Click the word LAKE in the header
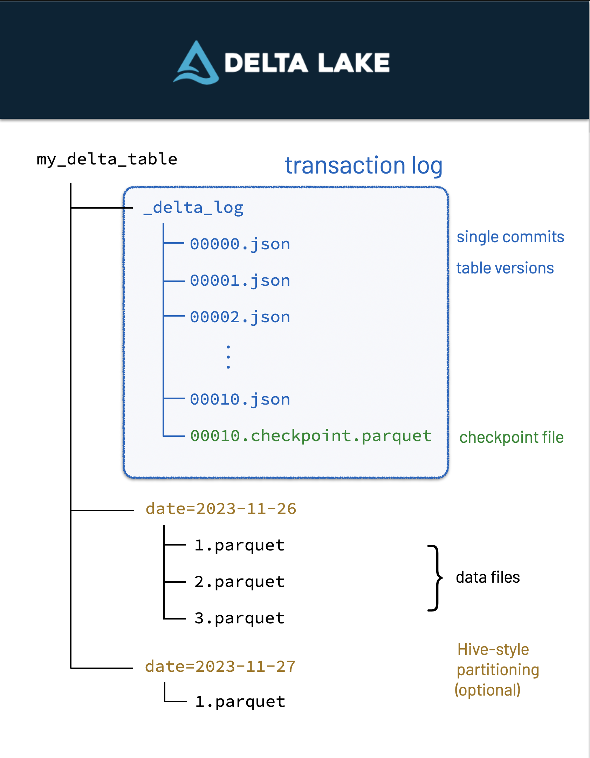click(354, 63)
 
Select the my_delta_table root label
click(107, 160)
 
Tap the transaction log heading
click(363, 165)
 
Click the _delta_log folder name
click(193, 208)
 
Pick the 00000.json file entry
click(240, 244)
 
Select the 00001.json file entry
click(240, 280)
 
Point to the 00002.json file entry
click(240, 317)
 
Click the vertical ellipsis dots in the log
click(228, 357)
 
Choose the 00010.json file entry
click(240, 399)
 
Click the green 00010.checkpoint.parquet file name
click(310, 436)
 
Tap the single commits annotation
click(510, 237)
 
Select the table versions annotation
click(505, 268)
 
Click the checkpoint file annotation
click(511, 438)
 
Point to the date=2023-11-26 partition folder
click(221, 509)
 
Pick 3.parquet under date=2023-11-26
click(239, 618)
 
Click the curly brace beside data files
click(435, 578)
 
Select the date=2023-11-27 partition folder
click(220, 666)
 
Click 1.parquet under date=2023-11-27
click(240, 702)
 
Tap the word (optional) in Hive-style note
click(487, 690)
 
